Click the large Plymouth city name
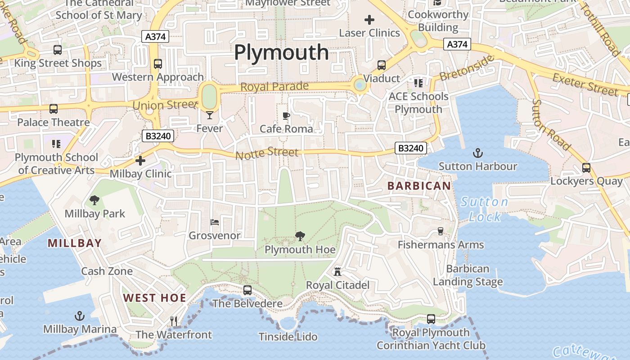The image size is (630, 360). (x=281, y=53)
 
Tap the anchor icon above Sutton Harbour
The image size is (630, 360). (x=478, y=153)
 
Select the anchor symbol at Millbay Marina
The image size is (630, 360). (x=80, y=316)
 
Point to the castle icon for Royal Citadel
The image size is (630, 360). (x=337, y=271)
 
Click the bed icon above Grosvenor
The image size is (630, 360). (x=215, y=222)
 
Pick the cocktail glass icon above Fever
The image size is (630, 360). (x=210, y=115)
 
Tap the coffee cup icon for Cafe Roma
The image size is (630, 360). (x=286, y=116)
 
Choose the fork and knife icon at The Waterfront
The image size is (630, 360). (x=174, y=321)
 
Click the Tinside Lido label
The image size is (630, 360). (x=288, y=337)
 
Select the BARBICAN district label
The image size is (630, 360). (x=419, y=186)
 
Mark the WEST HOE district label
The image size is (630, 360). (x=155, y=298)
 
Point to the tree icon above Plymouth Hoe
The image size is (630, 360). (x=300, y=236)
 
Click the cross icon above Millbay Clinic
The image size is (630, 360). (x=140, y=160)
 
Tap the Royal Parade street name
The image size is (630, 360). (x=274, y=86)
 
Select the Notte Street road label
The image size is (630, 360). (x=267, y=153)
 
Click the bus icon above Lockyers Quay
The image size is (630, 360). (x=586, y=168)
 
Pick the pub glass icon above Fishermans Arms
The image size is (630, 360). (x=440, y=231)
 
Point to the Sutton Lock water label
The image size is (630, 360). (x=485, y=209)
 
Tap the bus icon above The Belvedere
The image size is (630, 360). (x=247, y=290)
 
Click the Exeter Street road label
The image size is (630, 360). (x=585, y=85)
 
